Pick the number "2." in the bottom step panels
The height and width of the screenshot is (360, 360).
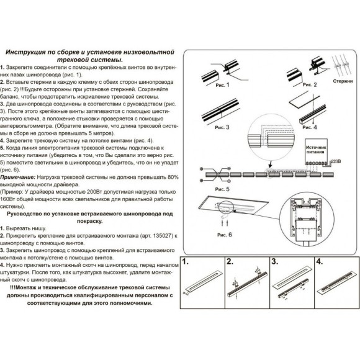[x=230, y=261]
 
